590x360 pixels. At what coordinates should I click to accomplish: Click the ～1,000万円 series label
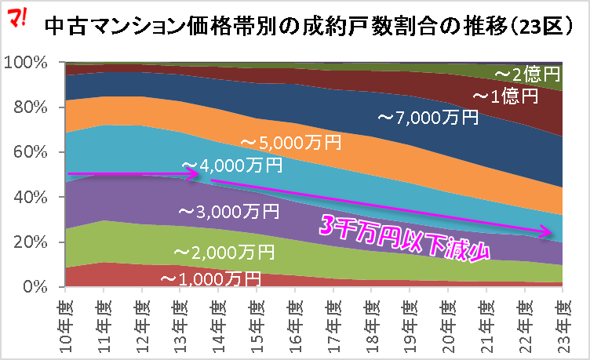click(210, 278)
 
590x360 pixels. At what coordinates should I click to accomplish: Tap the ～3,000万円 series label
click(228, 211)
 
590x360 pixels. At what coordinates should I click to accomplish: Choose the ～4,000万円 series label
click(232, 166)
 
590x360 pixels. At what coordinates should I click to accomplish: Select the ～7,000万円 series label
click(427, 118)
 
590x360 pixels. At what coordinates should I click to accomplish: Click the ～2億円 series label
click(528, 75)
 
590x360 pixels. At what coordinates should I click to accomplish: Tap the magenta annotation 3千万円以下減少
click(405, 238)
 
